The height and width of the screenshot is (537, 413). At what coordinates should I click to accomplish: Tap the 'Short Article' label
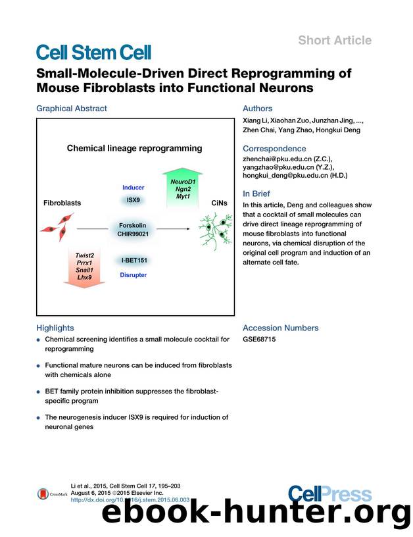click(335, 40)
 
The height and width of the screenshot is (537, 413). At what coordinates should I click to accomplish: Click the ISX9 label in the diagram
click(133, 199)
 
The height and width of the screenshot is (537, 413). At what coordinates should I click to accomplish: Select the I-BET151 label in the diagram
click(134, 260)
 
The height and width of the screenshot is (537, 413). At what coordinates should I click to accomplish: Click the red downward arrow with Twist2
click(84, 268)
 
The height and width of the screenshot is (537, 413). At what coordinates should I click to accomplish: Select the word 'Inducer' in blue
click(133, 188)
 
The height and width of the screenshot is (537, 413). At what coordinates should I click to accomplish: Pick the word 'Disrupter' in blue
click(134, 275)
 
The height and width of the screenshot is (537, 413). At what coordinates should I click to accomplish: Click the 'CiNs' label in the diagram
click(219, 203)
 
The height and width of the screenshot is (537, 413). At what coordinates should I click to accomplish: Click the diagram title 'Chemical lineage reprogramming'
click(134, 149)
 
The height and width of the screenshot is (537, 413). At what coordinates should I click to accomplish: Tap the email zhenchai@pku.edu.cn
click(272, 159)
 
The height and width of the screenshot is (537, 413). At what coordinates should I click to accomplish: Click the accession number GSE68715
click(260, 340)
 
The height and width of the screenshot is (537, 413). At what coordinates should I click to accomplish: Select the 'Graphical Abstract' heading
click(71, 109)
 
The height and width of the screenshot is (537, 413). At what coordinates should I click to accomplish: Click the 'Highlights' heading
click(55, 328)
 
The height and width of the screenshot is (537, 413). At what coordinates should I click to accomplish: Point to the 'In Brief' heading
click(256, 193)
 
